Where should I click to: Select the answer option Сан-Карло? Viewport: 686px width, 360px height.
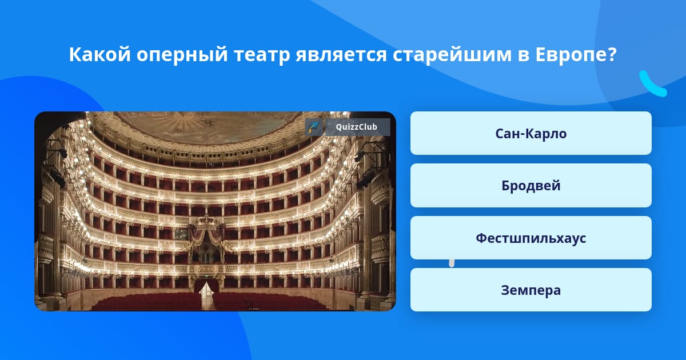coord(531,133)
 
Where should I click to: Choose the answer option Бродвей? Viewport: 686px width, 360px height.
coord(531,186)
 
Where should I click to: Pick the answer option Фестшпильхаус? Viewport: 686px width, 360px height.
coord(531,238)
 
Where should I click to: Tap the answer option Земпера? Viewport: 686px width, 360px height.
coord(531,290)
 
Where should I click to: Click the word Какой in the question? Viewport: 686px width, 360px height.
coord(100,54)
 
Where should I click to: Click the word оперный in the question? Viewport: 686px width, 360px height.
coord(182,55)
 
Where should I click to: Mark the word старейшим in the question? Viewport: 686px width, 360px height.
coord(452,55)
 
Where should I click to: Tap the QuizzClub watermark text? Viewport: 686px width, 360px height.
coord(356,127)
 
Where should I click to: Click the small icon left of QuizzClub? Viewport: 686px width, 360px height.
coord(314,127)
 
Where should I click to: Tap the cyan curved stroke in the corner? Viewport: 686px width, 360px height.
coord(652,84)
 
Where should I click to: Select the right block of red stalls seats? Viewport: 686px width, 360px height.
coord(269,302)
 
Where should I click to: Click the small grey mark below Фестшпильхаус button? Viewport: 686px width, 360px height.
coord(452,263)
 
